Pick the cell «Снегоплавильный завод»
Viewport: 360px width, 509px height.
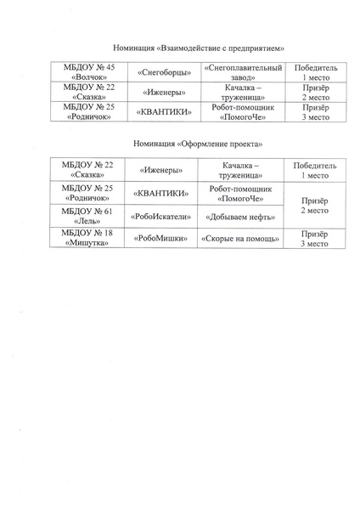243,71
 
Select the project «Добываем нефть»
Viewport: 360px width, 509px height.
243,217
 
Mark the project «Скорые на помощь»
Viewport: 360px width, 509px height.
243,240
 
